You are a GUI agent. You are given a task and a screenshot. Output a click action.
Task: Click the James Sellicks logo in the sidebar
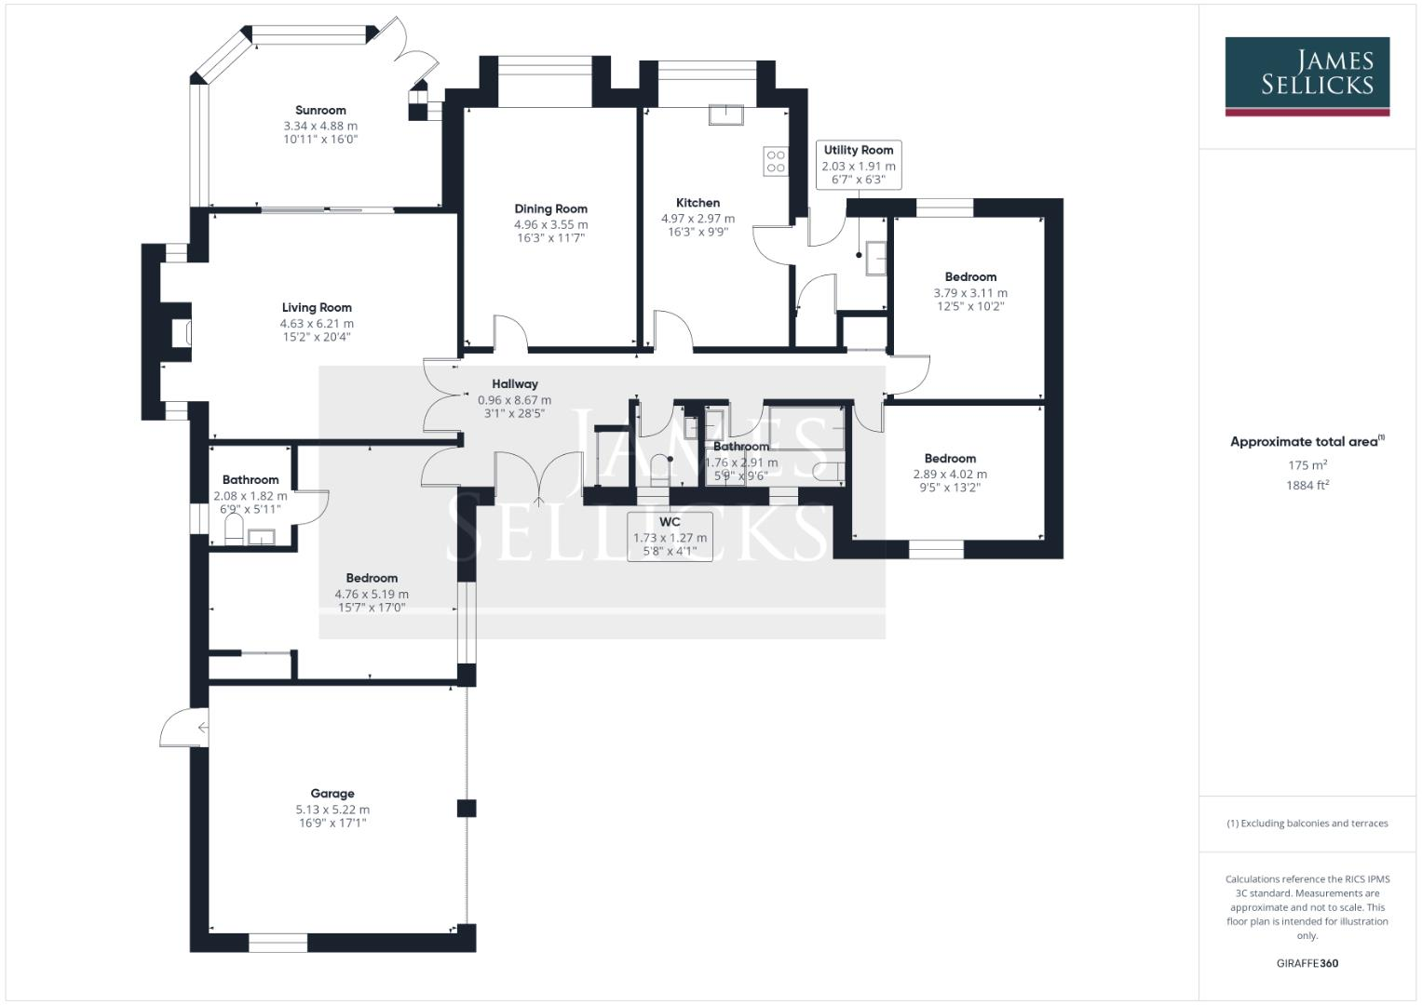click(1307, 76)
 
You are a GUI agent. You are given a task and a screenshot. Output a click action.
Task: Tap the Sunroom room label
click(320, 110)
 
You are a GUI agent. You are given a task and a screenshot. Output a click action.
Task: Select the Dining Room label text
click(550, 208)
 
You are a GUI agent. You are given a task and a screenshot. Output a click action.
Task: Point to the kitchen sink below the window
click(725, 114)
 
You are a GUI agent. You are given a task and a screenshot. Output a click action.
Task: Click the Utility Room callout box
click(858, 165)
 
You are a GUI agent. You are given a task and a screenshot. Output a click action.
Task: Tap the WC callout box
click(670, 537)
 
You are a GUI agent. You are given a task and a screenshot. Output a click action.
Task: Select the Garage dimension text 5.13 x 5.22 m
click(332, 810)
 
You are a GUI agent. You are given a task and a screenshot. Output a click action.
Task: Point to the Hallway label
click(515, 383)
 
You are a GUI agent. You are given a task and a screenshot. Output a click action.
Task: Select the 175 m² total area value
click(1307, 465)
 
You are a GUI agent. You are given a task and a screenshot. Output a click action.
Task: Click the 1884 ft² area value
click(1307, 485)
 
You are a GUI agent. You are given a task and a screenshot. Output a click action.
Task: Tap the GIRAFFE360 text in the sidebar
click(1307, 963)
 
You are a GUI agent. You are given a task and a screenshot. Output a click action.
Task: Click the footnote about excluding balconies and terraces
click(1307, 824)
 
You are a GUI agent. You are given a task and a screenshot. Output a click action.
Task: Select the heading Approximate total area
click(1307, 442)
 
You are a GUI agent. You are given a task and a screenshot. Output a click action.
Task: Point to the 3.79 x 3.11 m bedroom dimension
click(970, 292)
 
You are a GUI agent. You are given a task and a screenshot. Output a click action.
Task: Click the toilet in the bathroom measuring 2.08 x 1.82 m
click(234, 532)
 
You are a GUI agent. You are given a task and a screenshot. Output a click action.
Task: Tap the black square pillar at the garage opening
click(467, 808)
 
